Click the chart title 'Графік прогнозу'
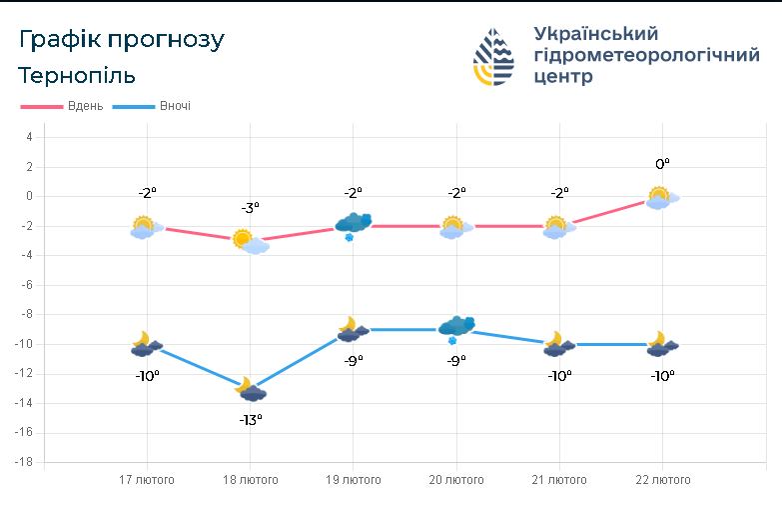(x=122, y=40)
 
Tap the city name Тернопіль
(x=77, y=75)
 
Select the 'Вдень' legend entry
(x=62, y=106)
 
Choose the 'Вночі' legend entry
(x=152, y=106)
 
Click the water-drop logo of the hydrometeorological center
(x=493, y=56)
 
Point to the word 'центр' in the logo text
(x=563, y=76)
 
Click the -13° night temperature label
(x=251, y=420)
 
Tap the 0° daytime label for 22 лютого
(x=662, y=164)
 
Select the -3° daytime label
(x=251, y=207)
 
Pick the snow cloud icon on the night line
(x=456, y=329)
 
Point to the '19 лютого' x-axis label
(x=354, y=480)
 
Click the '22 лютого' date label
(x=663, y=480)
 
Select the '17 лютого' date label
(x=147, y=480)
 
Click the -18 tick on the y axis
(x=23, y=462)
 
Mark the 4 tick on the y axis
(x=29, y=137)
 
